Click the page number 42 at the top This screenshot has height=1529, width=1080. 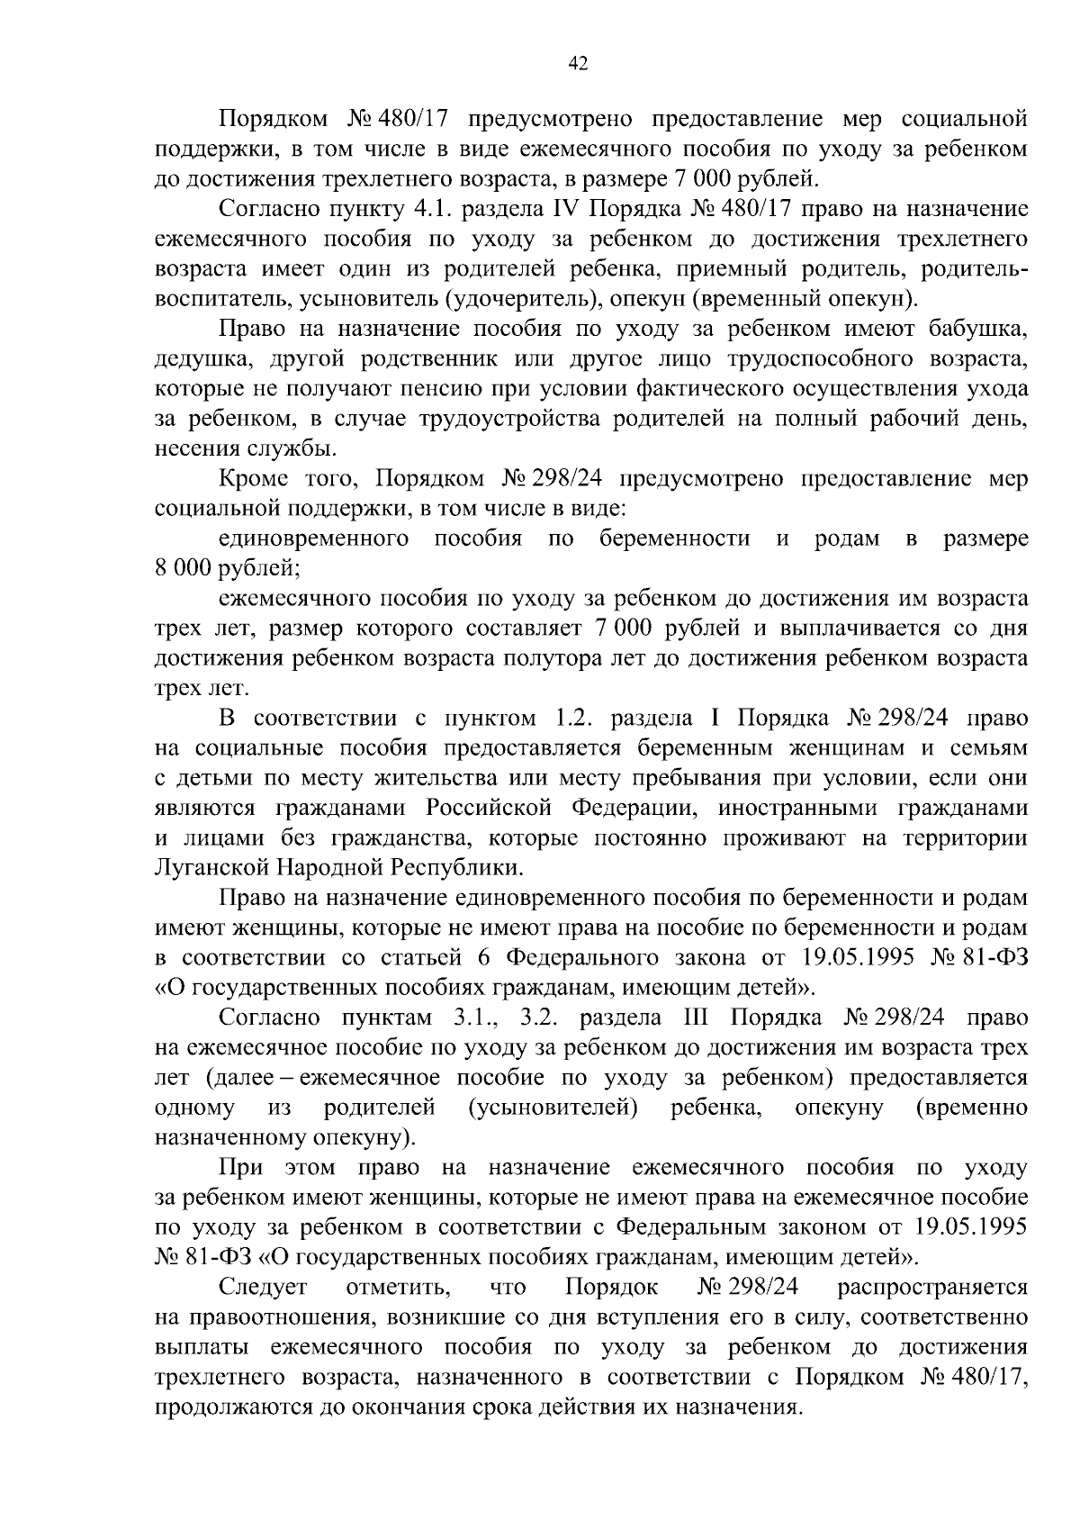[x=579, y=62]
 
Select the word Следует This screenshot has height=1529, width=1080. [x=263, y=1288]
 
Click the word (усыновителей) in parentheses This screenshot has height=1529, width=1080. [x=553, y=1107]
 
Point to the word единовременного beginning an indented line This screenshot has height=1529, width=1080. [x=310, y=538]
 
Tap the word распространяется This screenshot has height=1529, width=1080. [x=932, y=1288]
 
